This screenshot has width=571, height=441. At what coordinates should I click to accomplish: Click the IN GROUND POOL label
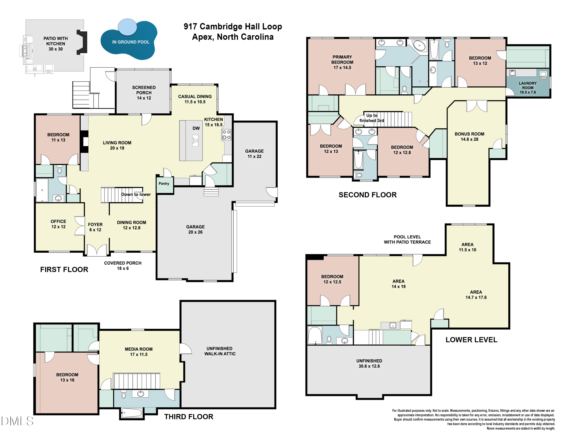(131, 42)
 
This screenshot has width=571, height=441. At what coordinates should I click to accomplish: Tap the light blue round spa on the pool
(128, 27)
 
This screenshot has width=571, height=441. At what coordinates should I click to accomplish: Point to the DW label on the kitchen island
(196, 128)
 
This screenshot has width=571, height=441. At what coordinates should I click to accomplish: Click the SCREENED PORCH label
(144, 93)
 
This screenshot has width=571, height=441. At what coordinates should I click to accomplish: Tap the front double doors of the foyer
(97, 250)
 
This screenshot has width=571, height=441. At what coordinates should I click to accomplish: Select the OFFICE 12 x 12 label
(58, 224)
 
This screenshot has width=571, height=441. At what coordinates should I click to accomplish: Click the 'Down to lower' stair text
(136, 194)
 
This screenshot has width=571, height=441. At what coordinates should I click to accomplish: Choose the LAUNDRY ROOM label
(528, 88)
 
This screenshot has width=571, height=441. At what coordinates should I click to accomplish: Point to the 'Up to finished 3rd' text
(372, 118)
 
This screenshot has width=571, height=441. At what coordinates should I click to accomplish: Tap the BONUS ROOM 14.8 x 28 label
(469, 137)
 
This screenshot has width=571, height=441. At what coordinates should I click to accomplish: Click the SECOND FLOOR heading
(368, 195)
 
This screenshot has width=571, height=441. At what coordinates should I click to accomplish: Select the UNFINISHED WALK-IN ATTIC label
(220, 351)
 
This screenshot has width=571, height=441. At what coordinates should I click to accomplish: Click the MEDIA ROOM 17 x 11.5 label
(139, 352)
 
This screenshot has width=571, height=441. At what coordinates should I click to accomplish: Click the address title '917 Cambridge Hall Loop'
(233, 26)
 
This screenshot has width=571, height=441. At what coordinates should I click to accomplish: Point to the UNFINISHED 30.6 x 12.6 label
(369, 363)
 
